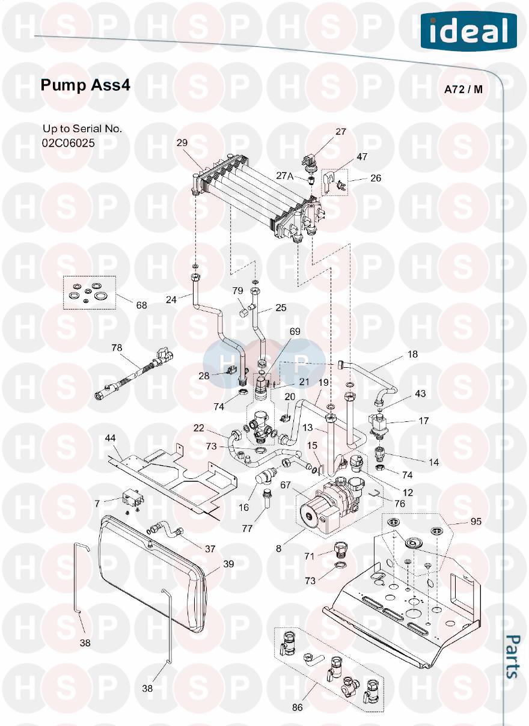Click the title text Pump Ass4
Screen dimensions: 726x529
pos(85,85)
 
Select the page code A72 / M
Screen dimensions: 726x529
pos(463,90)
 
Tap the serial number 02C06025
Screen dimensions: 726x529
pos(69,143)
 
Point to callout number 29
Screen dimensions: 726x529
pos(182,143)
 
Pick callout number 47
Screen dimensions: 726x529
pos(362,157)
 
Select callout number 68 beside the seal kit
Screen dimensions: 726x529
pos(141,305)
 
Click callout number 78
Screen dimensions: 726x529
pos(117,347)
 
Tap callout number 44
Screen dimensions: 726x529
pos(110,438)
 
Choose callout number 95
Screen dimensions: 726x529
pos(476,522)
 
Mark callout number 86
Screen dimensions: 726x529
pos(298,707)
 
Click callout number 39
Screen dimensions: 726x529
pos(228,564)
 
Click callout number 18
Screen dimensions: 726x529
pos(412,355)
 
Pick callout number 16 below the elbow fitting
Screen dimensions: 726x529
pos(243,508)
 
